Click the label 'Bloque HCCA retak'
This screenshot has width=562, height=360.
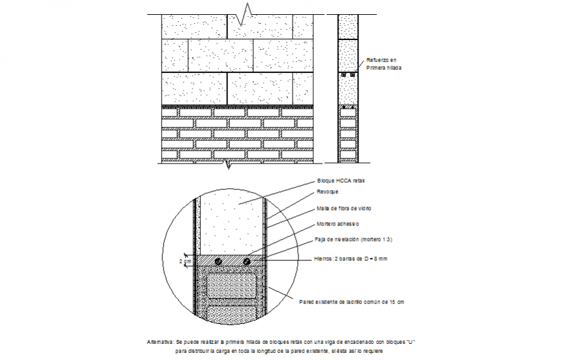click(x=341, y=181)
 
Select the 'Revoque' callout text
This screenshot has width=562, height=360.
click(x=327, y=192)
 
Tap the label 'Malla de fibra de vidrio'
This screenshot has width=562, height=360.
click(x=344, y=209)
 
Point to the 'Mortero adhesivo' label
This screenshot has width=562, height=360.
click(x=337, y=224)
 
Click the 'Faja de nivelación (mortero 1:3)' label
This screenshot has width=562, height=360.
click(x=353, y=240)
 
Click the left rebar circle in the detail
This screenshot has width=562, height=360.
click(x=218, y=261)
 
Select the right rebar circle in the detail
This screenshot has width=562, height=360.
click(x=247, y=261)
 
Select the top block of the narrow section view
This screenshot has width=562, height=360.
click(x=348, y=26)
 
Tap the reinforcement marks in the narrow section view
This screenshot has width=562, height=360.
click(x=348, y=75)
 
